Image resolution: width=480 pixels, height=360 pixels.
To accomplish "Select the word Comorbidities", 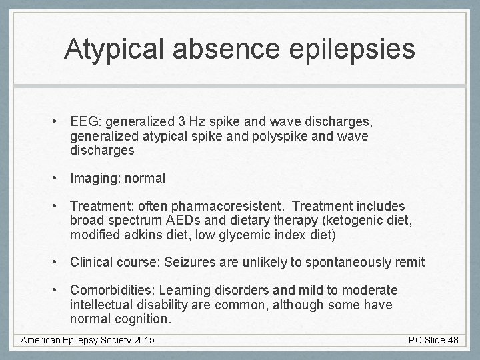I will pyautogui.click(x=109, y=291).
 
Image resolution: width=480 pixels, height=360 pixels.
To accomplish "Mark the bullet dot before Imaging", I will pyautogui.click(x=59, y=179).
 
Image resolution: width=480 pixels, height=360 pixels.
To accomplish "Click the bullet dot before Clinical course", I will pyautogui.click(x=59, y=263).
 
